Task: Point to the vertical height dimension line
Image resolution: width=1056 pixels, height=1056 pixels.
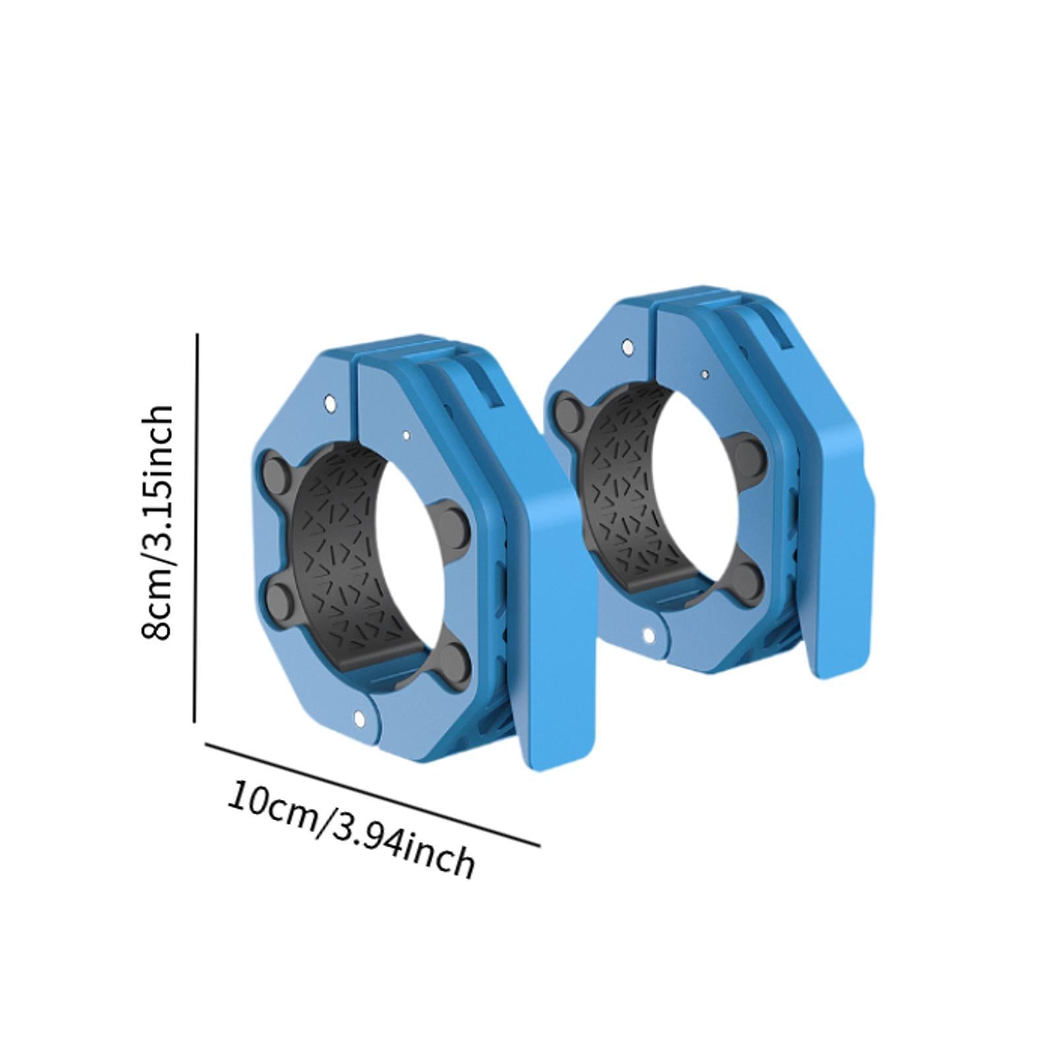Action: (196, 528)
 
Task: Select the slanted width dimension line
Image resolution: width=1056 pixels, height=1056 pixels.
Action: (373, 795)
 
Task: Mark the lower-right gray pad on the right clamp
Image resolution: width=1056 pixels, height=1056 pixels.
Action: (747, 577)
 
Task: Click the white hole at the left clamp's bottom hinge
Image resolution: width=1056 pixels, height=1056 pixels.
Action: (360, 717)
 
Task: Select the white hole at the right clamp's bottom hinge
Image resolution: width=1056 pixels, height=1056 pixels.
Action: (648, 636)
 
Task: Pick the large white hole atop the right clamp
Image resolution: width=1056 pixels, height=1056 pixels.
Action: (627, 346)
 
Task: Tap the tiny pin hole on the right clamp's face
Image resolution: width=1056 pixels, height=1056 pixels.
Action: (705, 374)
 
